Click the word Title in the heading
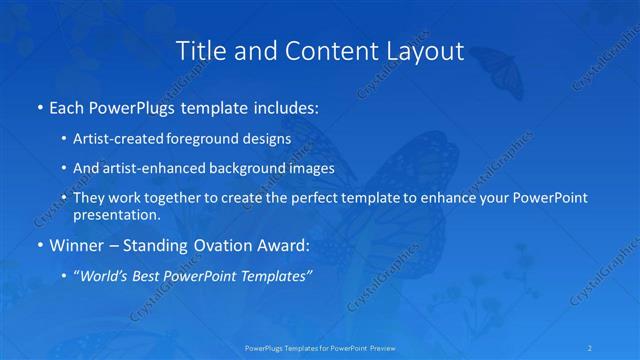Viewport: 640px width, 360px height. pyautogui.click(x=203, y=50)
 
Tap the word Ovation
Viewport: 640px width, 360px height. pyautogui.click(x=208, y=245)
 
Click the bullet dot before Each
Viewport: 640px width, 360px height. pyautogui.click(x=39, y=106)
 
